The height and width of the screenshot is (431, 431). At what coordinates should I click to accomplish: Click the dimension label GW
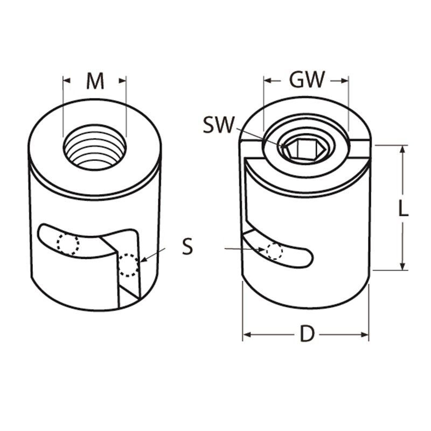point(307,80)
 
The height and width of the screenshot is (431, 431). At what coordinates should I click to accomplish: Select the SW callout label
point(219,125)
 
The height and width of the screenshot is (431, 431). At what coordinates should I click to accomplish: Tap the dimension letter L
point(403,208)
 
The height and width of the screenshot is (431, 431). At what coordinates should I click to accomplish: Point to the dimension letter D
point(307,335)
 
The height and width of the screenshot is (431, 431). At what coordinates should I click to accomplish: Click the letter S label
point(187,248)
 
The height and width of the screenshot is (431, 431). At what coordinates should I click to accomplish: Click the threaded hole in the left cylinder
point(95,146)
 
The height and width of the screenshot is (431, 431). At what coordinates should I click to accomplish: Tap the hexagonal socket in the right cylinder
point(295,147)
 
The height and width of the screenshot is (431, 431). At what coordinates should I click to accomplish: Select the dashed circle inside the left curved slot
point(68,244)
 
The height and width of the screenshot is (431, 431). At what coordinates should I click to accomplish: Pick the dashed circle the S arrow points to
point(128,265)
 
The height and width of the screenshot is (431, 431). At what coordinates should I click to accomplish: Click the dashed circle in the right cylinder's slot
point(274,251)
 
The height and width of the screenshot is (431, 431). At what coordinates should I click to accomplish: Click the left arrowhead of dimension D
point(247,335)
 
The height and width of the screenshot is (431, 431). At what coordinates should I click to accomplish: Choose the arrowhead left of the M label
point(67,81)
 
